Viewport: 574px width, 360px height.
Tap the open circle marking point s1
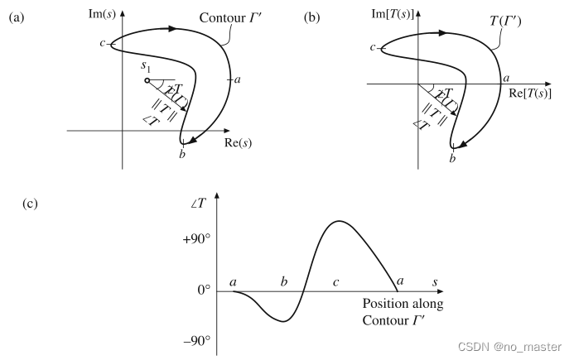(x=147, y=81)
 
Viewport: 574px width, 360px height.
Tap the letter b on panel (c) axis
(x=284, y=282)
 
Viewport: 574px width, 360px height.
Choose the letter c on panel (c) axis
(x=335, y=282)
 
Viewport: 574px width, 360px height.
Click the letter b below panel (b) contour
(x=452, y=157)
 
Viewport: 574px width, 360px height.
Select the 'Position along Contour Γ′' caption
(x=403, y=311)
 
